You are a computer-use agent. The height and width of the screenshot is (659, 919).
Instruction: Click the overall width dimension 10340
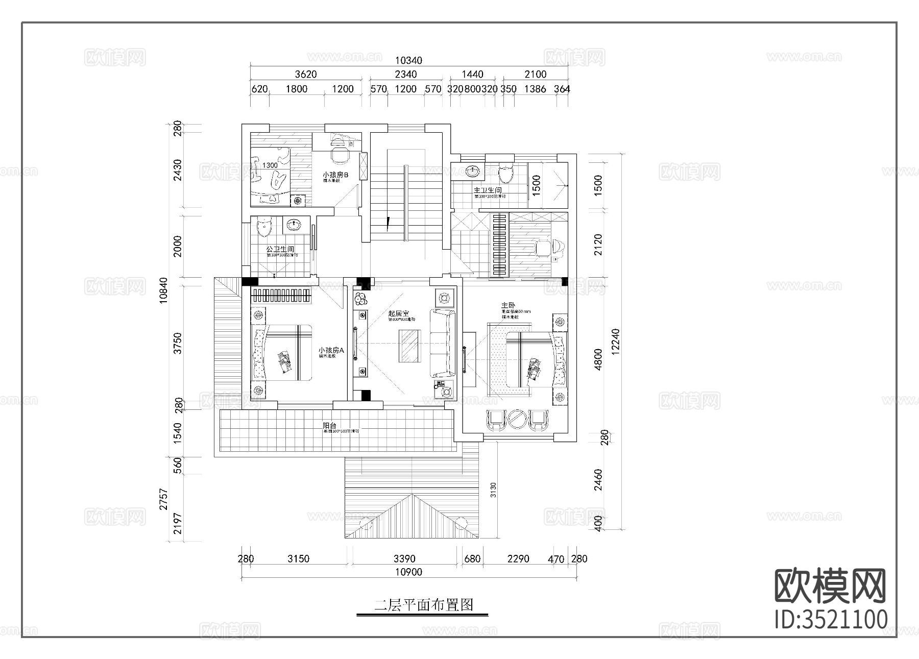[409, 61]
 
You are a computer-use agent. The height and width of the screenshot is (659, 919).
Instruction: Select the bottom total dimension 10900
[409, 572]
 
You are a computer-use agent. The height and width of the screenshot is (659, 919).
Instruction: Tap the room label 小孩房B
[335, 175]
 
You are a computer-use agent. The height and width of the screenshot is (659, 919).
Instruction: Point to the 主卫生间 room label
[488, 190]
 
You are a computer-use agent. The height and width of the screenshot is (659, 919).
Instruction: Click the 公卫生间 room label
[280, 250]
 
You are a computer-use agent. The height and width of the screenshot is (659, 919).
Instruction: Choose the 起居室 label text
[399, 313]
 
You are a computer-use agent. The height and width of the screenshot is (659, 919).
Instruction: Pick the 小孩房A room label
[331, 351]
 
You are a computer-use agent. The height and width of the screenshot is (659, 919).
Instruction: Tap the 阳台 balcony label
[329, 425]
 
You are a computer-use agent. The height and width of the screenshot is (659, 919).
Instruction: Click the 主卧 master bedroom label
[508, 305]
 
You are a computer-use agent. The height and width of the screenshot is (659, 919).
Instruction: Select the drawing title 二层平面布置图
[423, 605]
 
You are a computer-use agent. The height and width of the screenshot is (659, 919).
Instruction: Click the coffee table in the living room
[409, 346]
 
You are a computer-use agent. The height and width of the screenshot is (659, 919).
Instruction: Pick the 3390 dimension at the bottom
[404, 558]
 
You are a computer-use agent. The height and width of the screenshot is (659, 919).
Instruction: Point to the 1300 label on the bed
[270, 165]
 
